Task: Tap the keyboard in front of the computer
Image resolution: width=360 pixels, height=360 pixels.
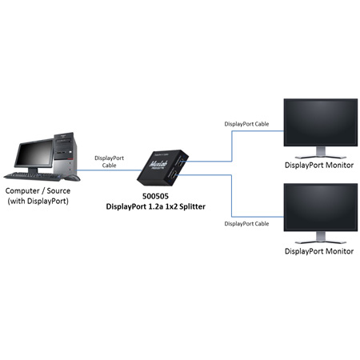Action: coord(32,176)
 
